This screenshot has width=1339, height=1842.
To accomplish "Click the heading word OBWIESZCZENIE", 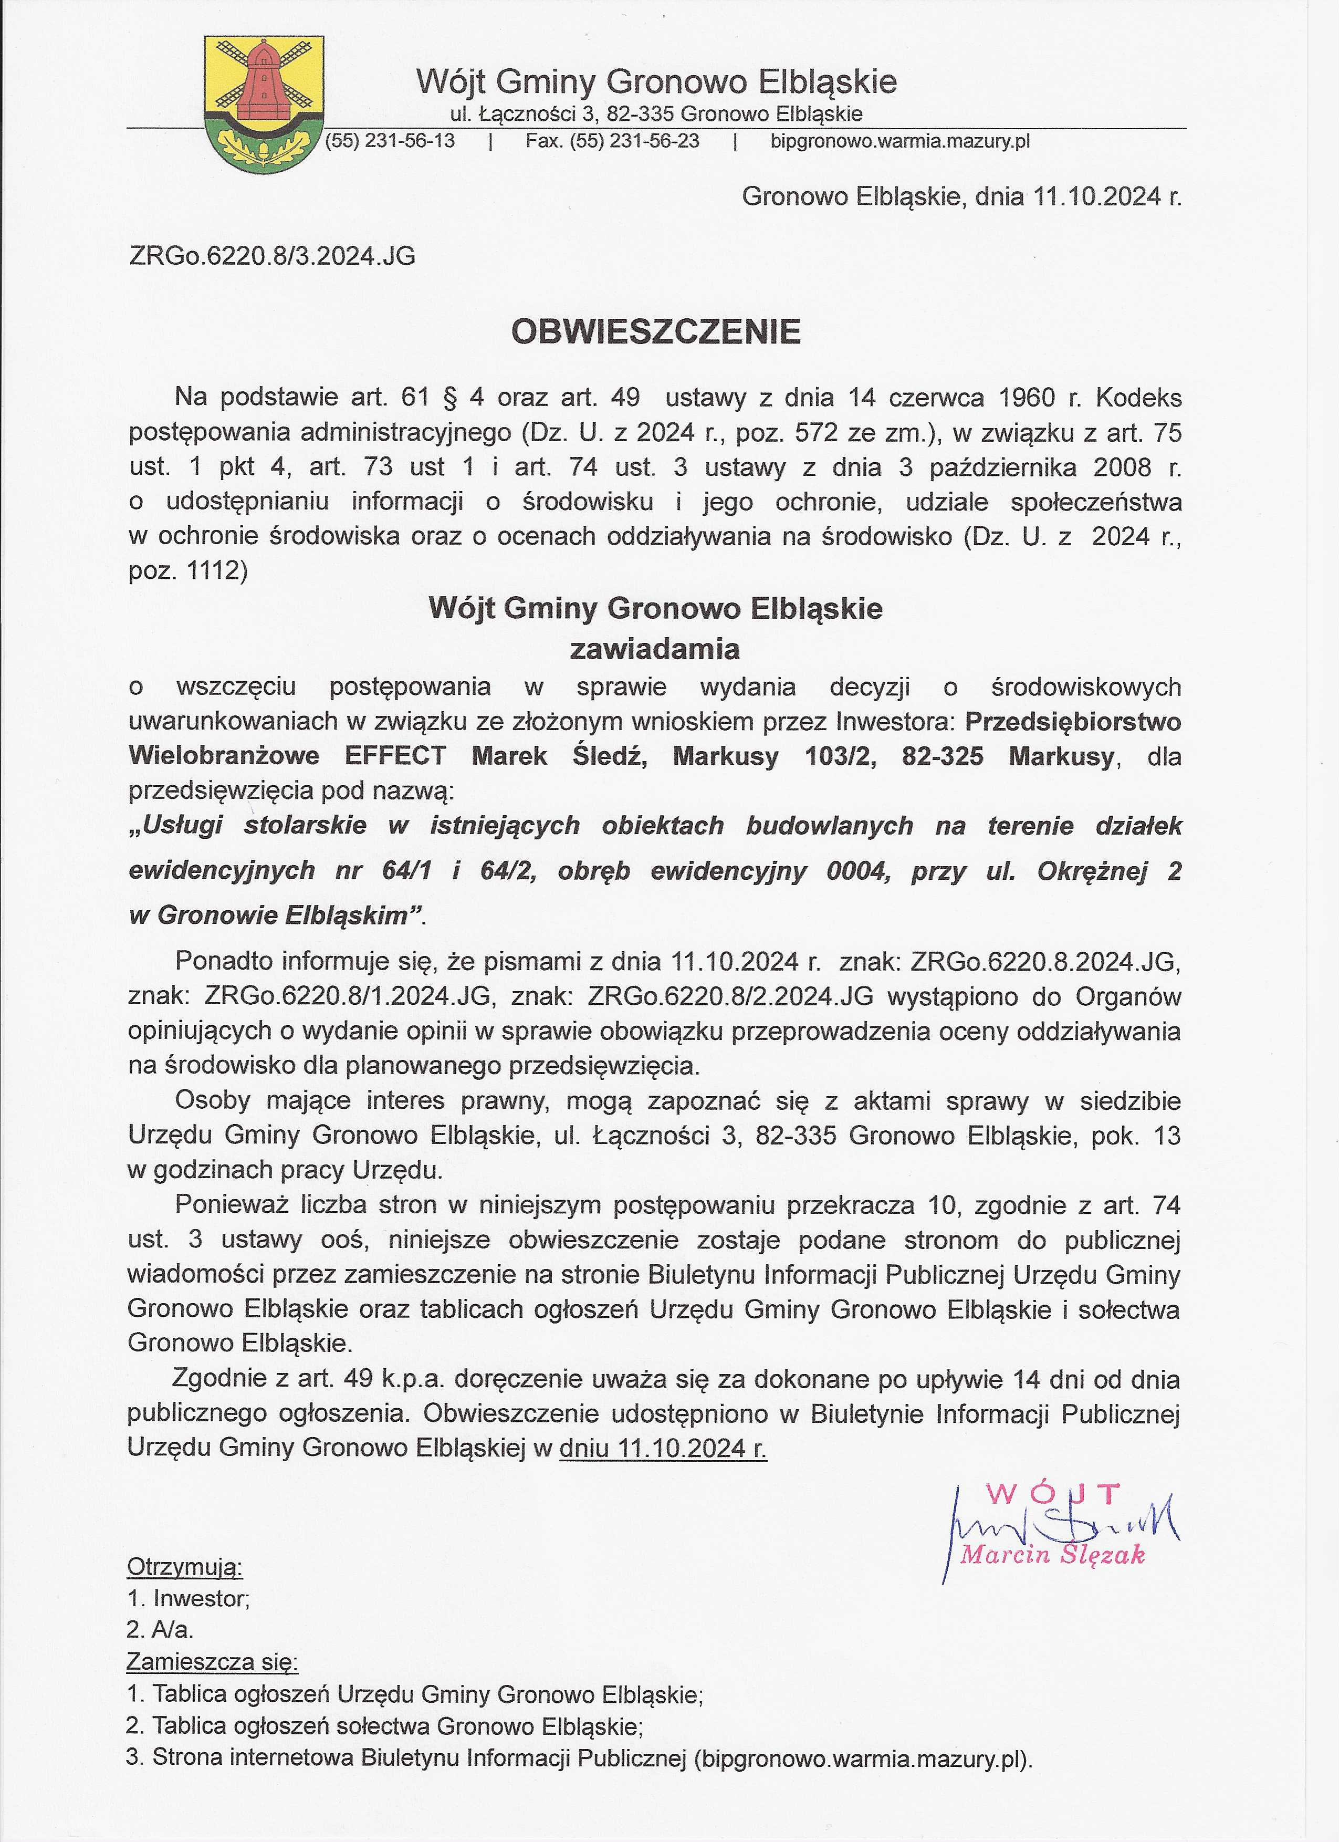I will click(x=655, y=331).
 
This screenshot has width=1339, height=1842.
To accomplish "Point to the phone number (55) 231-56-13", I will click(x=390, y=141).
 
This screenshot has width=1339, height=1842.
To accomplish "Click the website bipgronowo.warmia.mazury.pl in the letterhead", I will click(x=899, y=141).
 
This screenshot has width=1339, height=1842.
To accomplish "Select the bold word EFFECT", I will click(x=395, y=756).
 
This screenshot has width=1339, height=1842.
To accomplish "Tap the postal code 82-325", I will click(x=942, y=756).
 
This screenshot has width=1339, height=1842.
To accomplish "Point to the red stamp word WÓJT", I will click(x=1054, y=1492).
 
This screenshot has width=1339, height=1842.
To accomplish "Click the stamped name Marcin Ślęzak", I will click(x=1052, y=1555).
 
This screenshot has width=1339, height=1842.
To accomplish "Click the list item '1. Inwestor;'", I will click(x=189, y=1598).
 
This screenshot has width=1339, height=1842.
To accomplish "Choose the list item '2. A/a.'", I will click(x=160, y=1630).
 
